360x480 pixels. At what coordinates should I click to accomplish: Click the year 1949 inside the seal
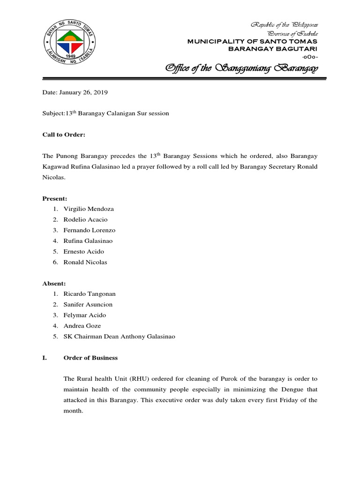pyautogui.click(x=72, y=54)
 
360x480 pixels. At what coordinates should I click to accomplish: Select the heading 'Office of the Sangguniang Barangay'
pyautogui.click(x=241, y=69)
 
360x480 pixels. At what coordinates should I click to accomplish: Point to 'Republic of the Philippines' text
pyautogui.click(x=285, y=24)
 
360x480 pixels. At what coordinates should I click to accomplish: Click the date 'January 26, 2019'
pyautogui.click(x=82, y=93)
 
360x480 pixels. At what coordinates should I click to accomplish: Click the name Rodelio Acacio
pyautogui.click(x=85, y=219)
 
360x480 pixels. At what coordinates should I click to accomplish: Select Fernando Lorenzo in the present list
pyautogui.click(x=89, y=230)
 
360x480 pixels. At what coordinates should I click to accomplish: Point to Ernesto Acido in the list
pyautogui.click(x=83, y=251)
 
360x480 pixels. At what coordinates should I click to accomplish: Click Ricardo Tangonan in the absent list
pyautogui.click(x=89, y=294)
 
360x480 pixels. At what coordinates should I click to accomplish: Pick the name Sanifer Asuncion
pyautogui.click(x=88, y=305)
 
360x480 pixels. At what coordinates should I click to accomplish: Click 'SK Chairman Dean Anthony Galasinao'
pyautogui.click(x=119, y=337)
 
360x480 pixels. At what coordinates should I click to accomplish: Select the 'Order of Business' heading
pyautogui.click(x=90, y=358)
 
